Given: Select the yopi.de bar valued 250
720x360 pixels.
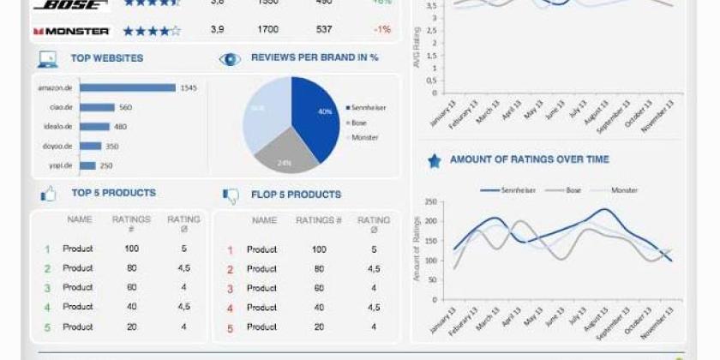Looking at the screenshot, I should point(87,165).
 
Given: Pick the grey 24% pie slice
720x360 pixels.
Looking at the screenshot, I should point(285,155).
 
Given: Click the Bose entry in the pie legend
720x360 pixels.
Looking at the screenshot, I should point(359,123).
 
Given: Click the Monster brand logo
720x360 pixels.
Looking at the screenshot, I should point(72,31).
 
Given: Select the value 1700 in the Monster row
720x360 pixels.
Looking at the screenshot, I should point(267,30).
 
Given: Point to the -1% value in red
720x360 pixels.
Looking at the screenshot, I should point(381,30).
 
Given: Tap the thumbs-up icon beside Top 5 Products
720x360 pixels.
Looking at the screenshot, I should point(48,195).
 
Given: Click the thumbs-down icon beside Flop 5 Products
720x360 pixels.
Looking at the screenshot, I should point(231,195).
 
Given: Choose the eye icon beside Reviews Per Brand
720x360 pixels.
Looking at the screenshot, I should point(230,58).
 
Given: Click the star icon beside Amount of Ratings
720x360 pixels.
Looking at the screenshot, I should point(434,160).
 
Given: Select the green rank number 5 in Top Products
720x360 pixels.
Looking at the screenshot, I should point(47,327).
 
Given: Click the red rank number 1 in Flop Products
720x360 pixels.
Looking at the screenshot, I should point(230,250).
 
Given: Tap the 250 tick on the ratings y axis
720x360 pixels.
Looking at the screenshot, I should point(430,203).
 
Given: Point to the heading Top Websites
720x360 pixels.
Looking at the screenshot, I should point(107,58).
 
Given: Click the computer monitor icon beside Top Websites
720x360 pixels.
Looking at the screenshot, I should point(47,59).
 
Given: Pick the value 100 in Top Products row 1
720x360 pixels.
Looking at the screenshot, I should point(131,249).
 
